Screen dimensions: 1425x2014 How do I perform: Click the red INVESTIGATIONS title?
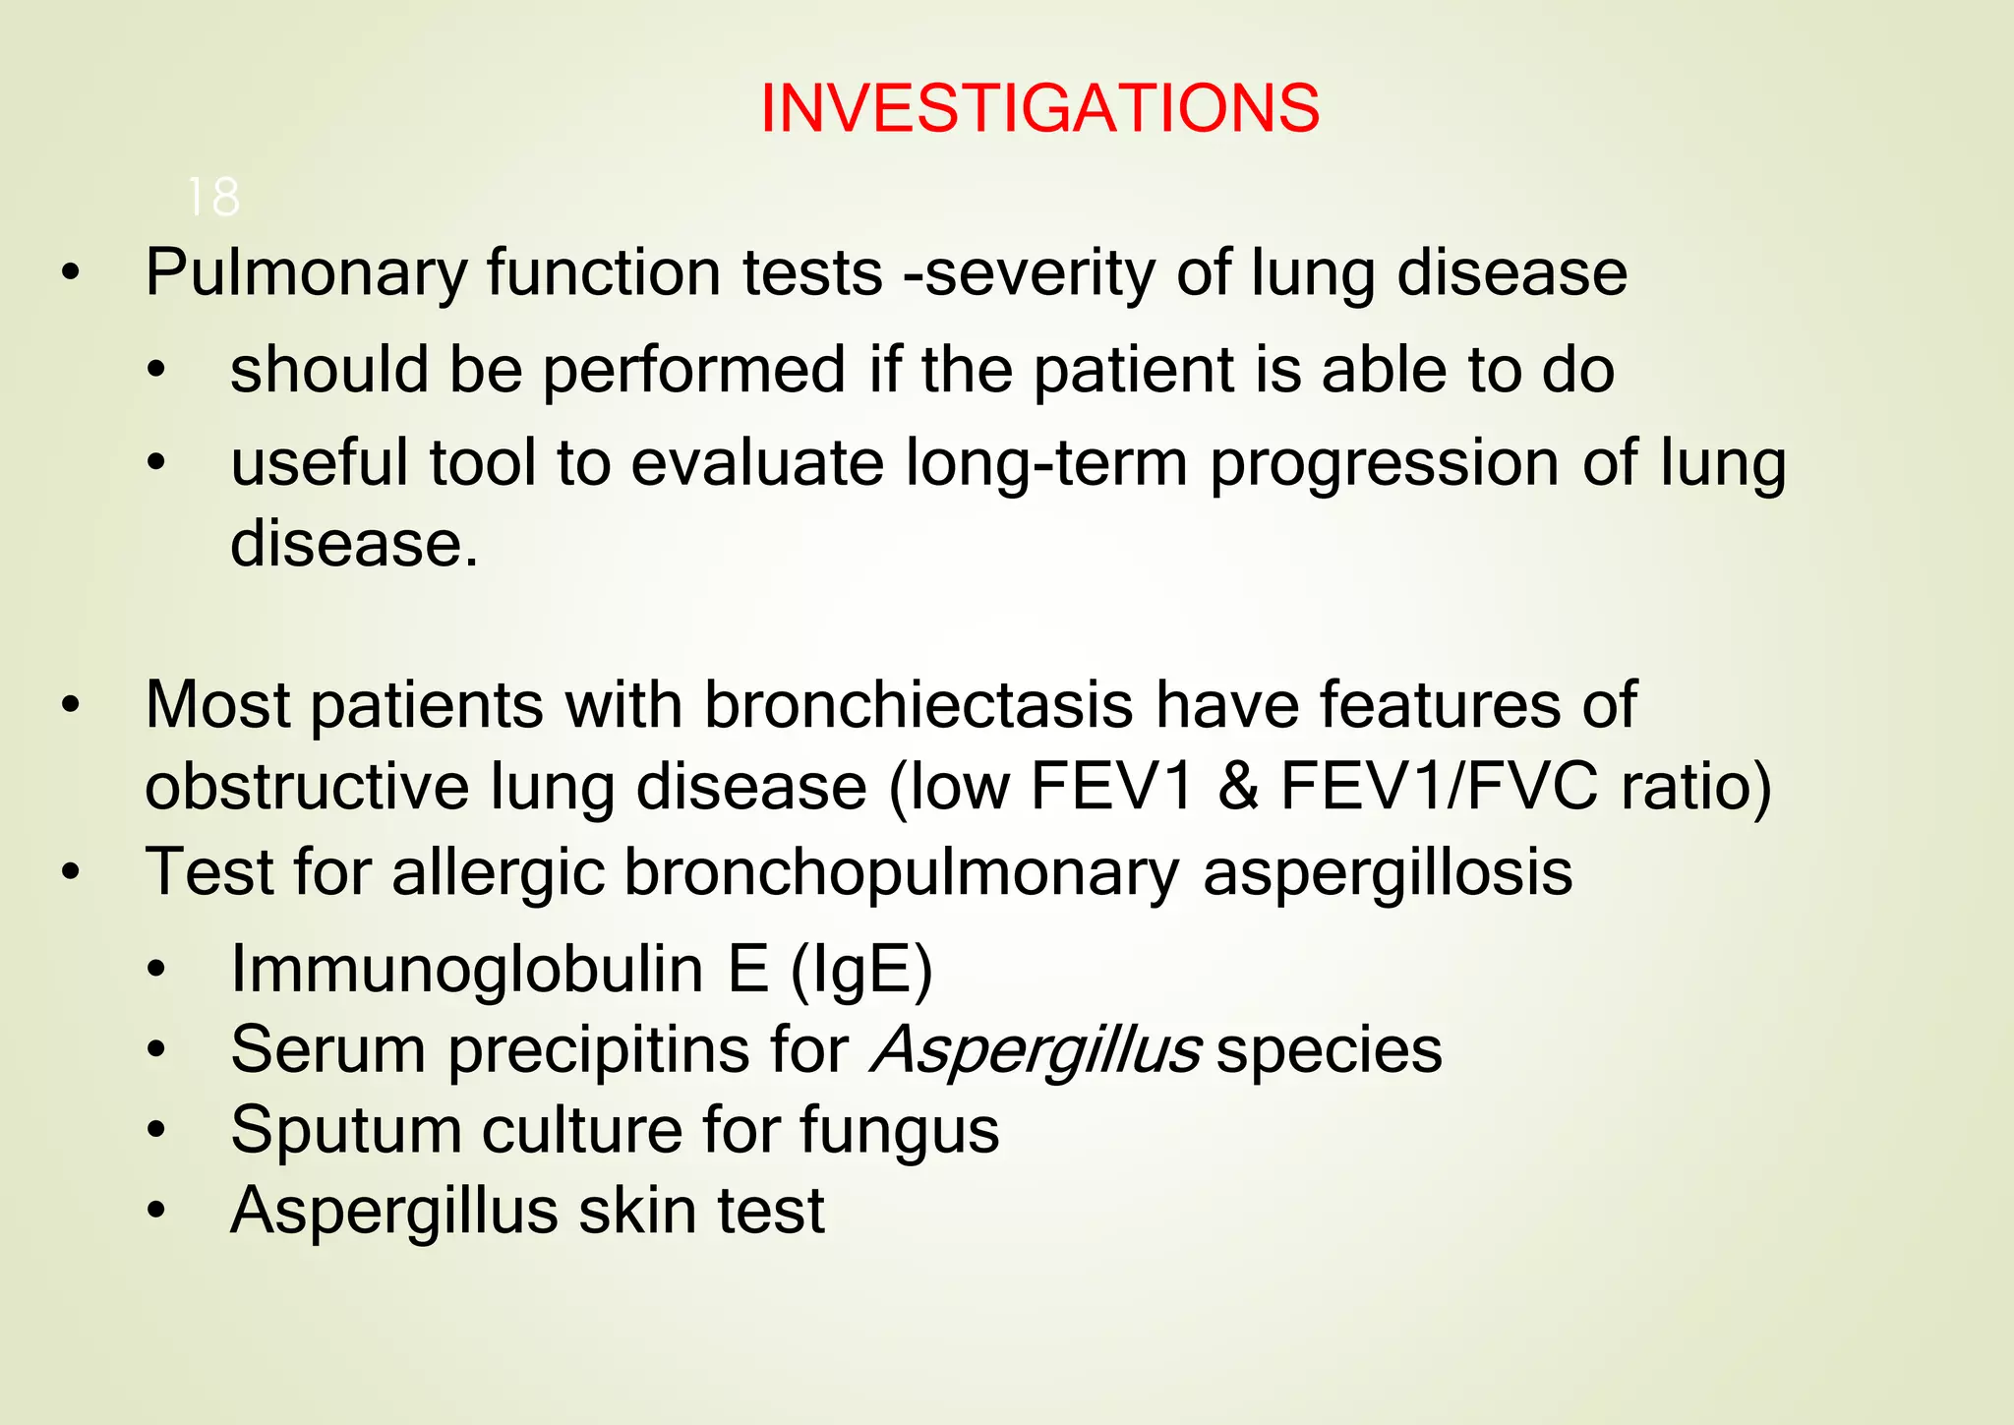point(1039,108)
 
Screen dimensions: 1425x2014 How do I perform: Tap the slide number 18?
point(212,198)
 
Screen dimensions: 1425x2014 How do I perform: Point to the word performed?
point(693,371)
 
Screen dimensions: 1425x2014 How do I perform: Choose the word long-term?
point(1045,463)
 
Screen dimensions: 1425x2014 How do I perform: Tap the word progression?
point(1384,463)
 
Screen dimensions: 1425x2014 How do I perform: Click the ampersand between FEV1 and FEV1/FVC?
point(1238,787)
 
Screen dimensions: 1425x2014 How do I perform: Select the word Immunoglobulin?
point(467,970)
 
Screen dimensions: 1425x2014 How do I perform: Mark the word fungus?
point(899,1130)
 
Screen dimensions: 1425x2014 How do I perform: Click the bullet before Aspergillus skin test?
point(156,1212)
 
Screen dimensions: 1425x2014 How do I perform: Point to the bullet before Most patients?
point(70,706)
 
